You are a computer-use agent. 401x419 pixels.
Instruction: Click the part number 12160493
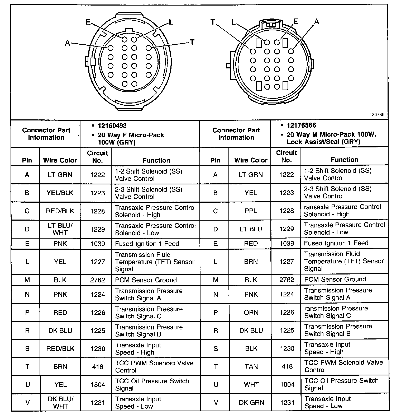point(112,126)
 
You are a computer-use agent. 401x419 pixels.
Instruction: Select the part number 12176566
point(301,125)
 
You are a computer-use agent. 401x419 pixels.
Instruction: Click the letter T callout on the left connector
point(192,42)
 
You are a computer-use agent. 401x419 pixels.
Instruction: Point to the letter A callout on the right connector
point(316,22)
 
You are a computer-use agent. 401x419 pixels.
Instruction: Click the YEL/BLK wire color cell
point(60,193)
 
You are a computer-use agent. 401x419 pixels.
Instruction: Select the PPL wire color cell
point(251,211)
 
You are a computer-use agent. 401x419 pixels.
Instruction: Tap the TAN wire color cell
point(251,366)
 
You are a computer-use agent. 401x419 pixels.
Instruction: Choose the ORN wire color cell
point(251,313)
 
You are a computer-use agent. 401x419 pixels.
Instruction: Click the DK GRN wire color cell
point(251,402)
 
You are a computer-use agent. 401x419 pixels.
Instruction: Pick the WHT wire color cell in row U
point(251,384)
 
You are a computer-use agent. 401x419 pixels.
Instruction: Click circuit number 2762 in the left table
point(98,280)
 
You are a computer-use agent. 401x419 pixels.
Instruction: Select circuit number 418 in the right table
point(287,366)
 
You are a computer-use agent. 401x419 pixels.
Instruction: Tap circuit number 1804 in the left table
point(98,385)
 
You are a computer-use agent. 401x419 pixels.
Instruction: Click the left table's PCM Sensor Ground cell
point(146,280)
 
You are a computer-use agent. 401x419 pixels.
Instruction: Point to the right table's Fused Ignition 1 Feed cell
point(336,243)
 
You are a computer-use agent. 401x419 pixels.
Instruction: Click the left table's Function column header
point(156,160)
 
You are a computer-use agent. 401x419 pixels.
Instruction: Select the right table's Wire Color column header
point(251,160)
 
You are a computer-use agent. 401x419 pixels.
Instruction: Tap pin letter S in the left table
point(27,349)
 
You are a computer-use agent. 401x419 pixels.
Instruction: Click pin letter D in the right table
point(216,229)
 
